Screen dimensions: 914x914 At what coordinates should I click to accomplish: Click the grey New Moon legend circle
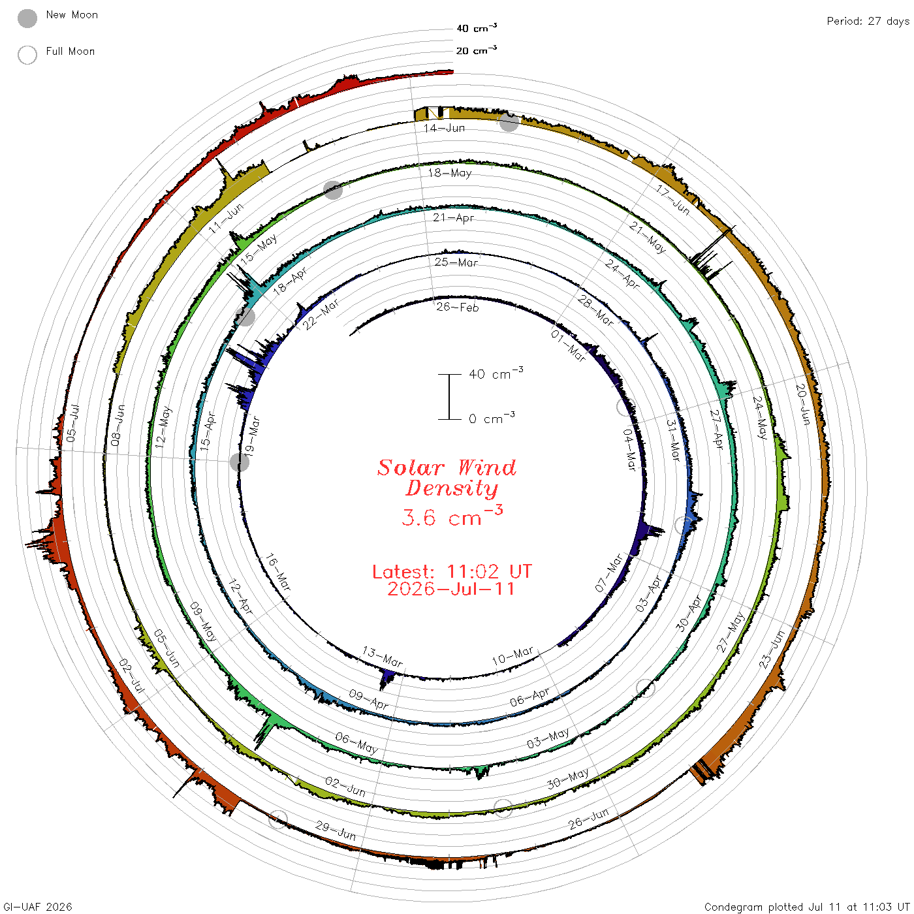click(x=27, y=18)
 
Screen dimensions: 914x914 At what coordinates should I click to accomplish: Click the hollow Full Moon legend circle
click(x=27, y=55)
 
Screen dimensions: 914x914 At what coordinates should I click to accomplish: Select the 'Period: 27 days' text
click(x=868, y=22)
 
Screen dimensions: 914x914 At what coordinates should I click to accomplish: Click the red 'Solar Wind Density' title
click(x=447, y=478)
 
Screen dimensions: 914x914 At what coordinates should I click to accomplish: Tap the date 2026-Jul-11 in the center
click(x=451, y=589)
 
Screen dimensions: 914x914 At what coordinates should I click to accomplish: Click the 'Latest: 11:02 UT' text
click(x=452, y=571)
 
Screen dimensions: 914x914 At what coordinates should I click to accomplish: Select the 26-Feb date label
click(x=457, y=307)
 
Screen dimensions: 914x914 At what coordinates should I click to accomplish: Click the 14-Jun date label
click(x=444, y=128)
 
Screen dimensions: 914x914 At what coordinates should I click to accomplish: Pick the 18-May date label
click(x=450, y=172)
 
